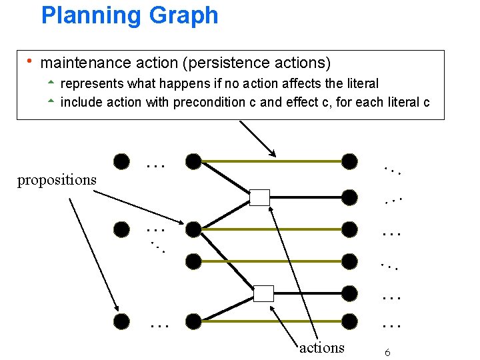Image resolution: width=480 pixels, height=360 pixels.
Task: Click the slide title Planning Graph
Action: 129,15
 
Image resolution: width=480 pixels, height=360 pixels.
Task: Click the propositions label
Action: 57,180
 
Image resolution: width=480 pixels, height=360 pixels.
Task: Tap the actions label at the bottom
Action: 322,347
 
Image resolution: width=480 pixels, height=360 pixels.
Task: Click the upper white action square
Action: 260,197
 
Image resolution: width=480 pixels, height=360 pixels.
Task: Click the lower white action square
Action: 264,293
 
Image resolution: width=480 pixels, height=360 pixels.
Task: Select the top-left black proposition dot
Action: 121,161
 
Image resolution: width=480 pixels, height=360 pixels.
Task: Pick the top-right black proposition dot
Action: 349,161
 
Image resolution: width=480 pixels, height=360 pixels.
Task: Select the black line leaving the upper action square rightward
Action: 307,197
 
